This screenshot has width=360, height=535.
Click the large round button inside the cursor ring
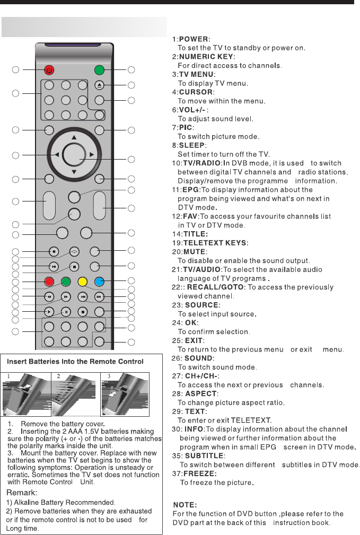point(74,154)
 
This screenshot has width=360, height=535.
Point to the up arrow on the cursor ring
point(74,137)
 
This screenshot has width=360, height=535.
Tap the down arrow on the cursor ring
point(74,172)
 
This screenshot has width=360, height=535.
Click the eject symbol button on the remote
point(99,85)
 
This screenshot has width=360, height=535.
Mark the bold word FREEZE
point(199,473)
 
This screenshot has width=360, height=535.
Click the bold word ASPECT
point(200,394)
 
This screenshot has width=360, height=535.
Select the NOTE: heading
point(185,505)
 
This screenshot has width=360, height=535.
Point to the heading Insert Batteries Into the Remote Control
point(75,362)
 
